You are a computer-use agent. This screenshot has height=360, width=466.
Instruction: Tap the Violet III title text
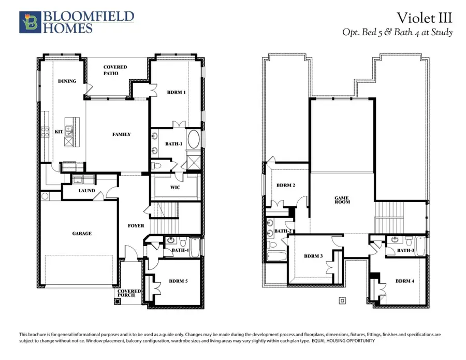click(x=424, y=18)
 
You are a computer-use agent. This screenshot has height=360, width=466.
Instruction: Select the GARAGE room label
click(x=82, y=234)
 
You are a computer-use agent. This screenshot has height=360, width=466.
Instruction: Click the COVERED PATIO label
click(x=115, y=70)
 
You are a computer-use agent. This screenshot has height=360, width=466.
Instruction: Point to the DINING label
click(x=67, y=81)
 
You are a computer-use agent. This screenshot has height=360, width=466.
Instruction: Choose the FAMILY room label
click(x=122, y=135)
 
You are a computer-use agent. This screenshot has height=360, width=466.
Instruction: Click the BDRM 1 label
click(x=176, y=93)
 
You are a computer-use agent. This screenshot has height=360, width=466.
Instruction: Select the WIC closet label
click(x=175, y=188)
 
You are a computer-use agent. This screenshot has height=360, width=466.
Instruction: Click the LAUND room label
click(x=86, y=191)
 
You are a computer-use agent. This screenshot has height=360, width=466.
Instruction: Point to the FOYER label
click(x=136, y=226)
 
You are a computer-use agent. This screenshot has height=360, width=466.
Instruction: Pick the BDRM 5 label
click(x=179, y=282)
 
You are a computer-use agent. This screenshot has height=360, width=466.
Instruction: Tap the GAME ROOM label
click(x=342, y=199)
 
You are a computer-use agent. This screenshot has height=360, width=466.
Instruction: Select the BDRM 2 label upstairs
click(x=285, y=185)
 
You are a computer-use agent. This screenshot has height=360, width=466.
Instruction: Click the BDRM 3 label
click(x=313, y=256)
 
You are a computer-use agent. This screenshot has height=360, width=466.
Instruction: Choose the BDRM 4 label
click(x=404, y=281)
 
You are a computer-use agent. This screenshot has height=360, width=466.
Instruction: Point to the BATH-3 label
click(x=405, y=251)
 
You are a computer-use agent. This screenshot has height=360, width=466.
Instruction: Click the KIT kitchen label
click(x=59, y=132)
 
